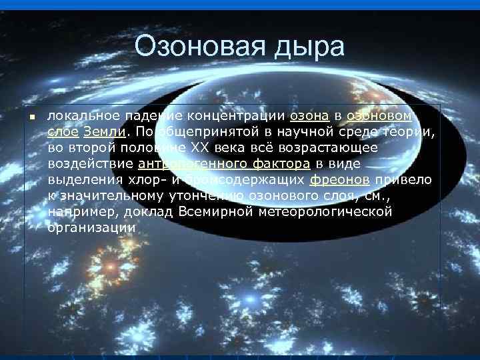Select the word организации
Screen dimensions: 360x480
[x=91, y=227]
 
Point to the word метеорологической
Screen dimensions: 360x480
[x=331, y=211]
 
